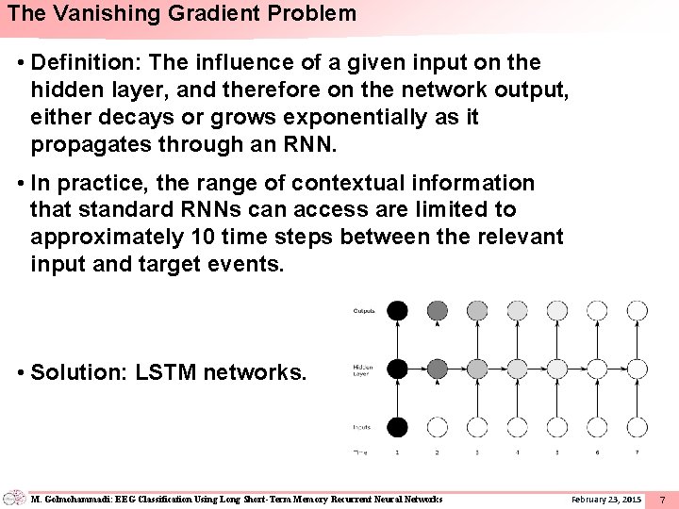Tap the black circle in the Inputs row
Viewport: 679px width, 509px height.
[398, 427]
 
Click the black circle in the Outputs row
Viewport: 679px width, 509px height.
[398, 310]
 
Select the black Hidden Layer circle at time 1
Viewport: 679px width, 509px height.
[398, 369]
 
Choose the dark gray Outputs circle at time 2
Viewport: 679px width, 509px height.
[438, 310]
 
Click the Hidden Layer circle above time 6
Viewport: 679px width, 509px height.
[597, 369]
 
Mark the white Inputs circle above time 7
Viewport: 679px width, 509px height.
[637, 427]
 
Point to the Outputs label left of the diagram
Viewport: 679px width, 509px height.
[364, 310]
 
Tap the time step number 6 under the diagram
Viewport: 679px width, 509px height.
[597, 453]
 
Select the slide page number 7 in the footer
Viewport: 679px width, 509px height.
[662, 498]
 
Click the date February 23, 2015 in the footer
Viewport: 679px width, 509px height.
[605, 498]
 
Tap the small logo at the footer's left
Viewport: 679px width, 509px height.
[14, 498]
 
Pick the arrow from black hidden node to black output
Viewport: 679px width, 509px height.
[398, 339]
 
